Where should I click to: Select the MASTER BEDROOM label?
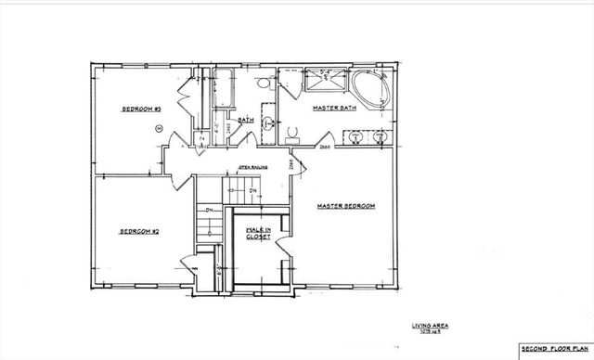click(x=345, y=205)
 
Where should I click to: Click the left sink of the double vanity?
click(x=357, y=137)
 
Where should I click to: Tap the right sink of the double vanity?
click(x=380, y=137)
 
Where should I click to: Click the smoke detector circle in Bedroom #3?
click(x=159, y=127)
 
